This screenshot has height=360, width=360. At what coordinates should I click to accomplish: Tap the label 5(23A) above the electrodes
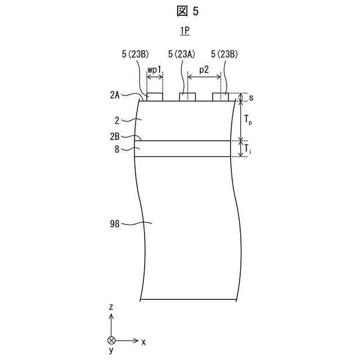182,55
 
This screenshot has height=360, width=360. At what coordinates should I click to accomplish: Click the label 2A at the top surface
115,95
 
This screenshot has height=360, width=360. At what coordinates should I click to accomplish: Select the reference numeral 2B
115,137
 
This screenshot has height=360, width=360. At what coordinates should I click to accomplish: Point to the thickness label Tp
247,120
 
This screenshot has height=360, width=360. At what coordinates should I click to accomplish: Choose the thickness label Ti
247,148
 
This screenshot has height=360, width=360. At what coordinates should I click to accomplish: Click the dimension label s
250,98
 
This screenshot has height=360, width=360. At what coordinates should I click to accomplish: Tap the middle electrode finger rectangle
187,97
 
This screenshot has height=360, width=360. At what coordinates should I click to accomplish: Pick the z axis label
111,307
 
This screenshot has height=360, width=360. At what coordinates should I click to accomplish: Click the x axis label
143,341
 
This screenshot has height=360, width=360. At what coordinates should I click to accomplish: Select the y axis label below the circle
111,350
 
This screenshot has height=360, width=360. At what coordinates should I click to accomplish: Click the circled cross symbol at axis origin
111,341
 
